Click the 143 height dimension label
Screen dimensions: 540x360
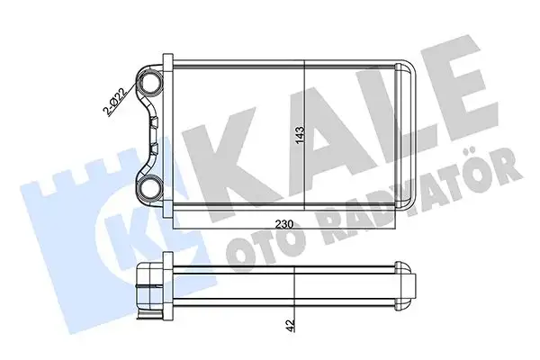(300, 135)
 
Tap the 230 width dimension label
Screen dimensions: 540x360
(284, 224)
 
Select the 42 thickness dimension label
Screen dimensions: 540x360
(291, 325)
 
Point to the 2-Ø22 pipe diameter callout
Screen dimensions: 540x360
(116, 101)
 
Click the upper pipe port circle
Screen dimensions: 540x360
(149, 83)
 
